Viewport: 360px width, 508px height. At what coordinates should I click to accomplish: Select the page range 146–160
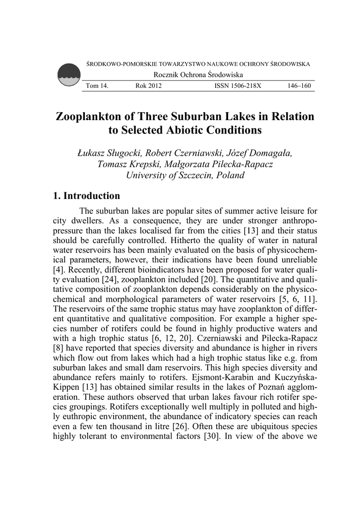(x=299, y=86)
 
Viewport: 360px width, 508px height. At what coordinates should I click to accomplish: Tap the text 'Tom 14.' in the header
(x=97, y=86)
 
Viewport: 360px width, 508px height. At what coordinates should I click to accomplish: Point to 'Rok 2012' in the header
(x=148, y=86)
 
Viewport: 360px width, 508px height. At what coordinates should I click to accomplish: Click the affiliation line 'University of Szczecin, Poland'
(x=185, y=175)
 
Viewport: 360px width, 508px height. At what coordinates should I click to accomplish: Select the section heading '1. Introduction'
(x=86, y=196)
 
